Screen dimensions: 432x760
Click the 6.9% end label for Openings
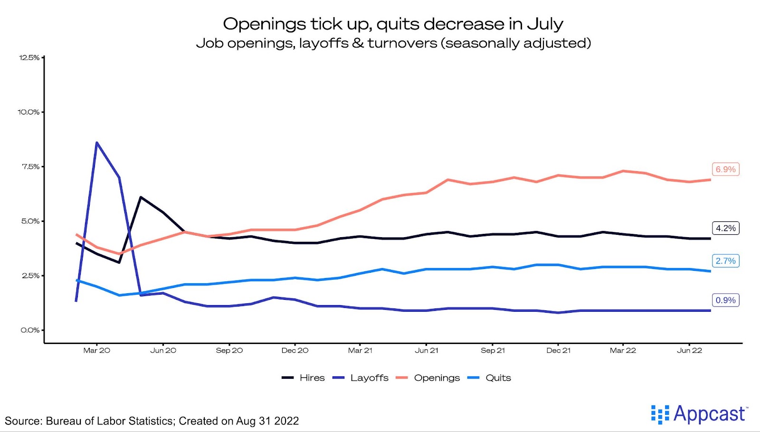[725, 169]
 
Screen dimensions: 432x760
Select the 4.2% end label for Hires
[725, 228]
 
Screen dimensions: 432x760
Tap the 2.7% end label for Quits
[725, 261]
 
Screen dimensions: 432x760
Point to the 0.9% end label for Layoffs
[725, 300]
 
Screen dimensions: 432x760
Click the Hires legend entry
[312, 378]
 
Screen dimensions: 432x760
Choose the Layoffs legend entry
[369, 378]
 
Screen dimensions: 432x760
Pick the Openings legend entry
[437, 378]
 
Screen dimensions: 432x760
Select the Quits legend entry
[498, 378]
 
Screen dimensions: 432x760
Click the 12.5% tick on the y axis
[29, 58]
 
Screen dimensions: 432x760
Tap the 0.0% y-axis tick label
[30, 330]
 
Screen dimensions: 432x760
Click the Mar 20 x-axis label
[96, 351]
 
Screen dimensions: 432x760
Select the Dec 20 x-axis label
[294, 351]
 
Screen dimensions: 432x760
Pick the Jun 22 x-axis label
[689, 351]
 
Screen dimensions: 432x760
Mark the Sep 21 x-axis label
[493, 351]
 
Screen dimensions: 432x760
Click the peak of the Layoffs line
[96, 143]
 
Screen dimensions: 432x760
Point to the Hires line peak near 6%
[141, 197]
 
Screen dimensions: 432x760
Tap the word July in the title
[545, 24]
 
